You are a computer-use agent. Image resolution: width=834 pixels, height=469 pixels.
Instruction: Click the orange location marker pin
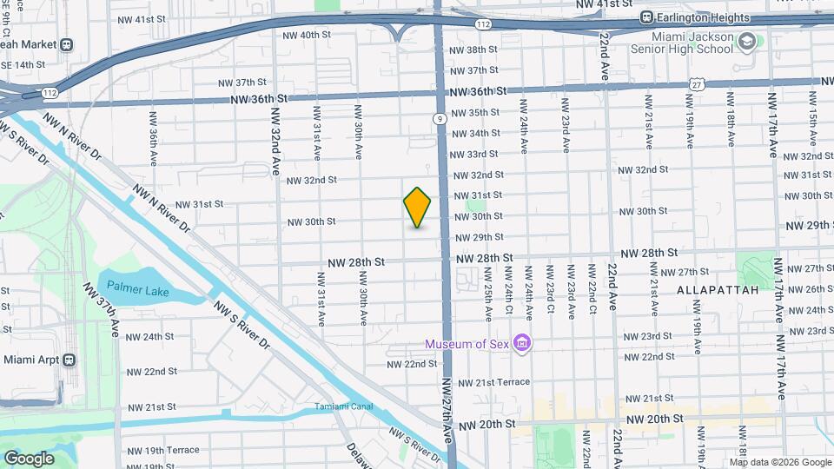pos(417,208)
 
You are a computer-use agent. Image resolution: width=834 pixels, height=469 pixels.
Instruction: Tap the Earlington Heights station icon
pos(646,17)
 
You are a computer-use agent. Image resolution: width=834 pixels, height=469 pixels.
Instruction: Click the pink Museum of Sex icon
pos(522,344)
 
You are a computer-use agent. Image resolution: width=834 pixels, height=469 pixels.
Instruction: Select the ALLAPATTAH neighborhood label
pos(718,289)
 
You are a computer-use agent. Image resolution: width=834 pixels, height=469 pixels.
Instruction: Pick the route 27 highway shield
pos(697,83)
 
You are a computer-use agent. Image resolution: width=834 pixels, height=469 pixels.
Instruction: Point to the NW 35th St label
pos(474,113)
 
